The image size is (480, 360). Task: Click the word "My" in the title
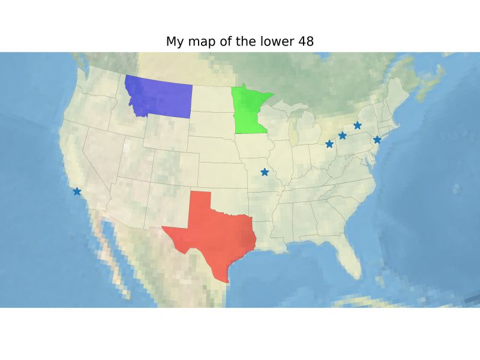point(174,41)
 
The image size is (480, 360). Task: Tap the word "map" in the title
point(198,41)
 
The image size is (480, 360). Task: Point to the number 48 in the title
point(305,41)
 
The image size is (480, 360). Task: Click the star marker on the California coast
point(77,191)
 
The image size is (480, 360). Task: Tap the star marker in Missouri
point(265,172)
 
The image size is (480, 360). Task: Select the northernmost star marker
point(358,125)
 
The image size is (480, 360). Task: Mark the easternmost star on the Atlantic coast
point(377,140)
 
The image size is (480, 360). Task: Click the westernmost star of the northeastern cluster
point(329,144)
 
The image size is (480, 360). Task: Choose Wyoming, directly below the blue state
point(165,135)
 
